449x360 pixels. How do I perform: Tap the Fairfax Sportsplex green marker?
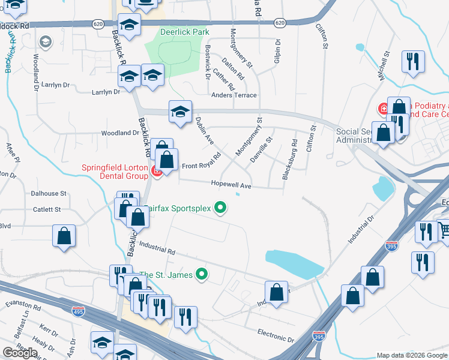[221, 208]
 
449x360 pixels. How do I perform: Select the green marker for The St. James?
[202, 275]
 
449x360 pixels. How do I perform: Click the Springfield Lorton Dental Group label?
[115, 172]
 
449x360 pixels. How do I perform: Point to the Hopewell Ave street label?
[231, 186]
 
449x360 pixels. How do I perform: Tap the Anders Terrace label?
[234, 95]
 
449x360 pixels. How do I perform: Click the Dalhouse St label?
[49, 194]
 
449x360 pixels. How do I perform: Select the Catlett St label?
[47, 209]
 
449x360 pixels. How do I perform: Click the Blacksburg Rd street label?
[289, 160]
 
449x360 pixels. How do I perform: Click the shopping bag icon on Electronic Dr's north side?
[276, 293]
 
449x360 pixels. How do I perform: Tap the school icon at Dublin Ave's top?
[180, 112]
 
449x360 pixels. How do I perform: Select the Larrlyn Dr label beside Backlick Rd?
[106, 92]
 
